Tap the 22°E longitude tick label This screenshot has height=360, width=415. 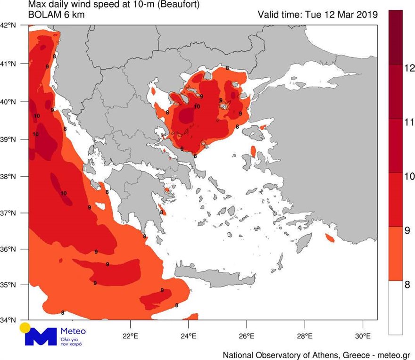pos(130,336)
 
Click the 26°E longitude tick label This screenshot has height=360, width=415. pos(247,336)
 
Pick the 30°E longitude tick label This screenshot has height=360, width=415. pos(363,336)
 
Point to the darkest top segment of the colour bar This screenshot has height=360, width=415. pos(395,36)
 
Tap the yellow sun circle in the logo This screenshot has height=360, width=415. pos(25,328)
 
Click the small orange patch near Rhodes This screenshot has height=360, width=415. pos(330,239)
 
